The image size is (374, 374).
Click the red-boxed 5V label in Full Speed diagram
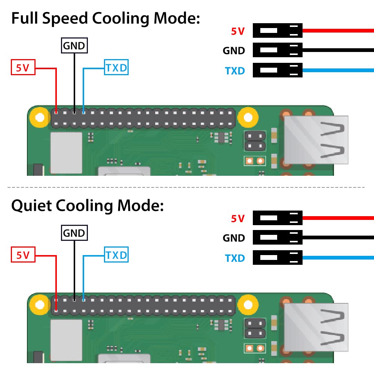point(23,68)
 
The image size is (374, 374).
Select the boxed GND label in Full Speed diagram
point(74,46)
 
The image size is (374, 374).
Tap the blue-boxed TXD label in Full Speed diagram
point(116,68)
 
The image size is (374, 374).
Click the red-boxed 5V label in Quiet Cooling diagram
point(23,255)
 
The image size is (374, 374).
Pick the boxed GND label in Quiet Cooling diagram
point(74,233)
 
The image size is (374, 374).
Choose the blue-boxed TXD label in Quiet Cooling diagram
point(116,255)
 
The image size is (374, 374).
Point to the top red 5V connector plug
point(277,30)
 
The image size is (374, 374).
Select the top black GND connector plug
point(277,50)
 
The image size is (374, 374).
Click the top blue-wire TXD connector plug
point(277,70)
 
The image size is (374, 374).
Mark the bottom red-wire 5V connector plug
point(277,218)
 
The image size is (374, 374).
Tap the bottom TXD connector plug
point(277,257)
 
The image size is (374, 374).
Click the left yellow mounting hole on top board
point(39,118)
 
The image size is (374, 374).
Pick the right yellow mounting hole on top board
point(248,118)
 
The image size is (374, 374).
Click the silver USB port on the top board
point(316,140)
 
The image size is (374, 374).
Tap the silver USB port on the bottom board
point(316,327)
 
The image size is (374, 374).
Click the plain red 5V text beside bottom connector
point(237,218)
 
